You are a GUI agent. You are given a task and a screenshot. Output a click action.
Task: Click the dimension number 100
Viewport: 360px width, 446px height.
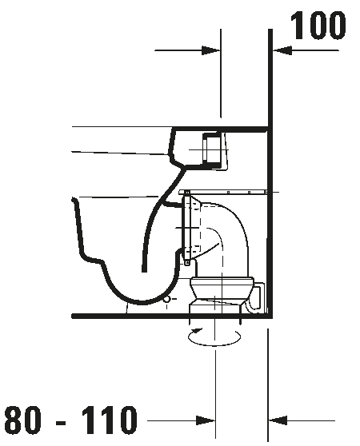318,26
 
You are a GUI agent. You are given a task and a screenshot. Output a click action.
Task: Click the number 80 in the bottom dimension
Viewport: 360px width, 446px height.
22,420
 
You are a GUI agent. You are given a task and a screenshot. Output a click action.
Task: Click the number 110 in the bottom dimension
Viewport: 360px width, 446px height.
109,420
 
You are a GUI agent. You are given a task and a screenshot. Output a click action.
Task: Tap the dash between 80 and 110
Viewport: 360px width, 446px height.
61,423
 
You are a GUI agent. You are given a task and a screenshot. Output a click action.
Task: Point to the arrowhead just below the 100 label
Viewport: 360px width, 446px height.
282,50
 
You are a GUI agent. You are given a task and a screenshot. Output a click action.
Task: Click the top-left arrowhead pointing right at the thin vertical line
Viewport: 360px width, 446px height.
211,50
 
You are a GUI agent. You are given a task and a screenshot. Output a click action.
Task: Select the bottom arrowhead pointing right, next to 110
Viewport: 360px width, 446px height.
206,420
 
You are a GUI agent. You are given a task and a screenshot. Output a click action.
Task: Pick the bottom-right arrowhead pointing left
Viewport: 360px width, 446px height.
278,420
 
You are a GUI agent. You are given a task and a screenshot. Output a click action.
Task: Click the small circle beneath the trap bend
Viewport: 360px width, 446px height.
167,299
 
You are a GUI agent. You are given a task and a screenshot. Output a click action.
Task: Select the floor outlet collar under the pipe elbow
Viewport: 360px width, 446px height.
222,294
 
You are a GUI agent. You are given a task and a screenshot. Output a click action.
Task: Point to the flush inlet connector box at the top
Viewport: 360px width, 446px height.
212,149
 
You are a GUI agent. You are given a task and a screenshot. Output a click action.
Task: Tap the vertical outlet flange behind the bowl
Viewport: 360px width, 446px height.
187,228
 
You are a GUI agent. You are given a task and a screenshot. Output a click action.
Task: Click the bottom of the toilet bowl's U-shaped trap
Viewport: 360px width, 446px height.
139,302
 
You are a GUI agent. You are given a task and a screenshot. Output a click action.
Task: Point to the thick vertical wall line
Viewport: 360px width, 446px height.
270,173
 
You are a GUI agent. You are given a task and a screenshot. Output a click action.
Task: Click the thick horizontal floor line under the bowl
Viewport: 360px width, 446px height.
170,316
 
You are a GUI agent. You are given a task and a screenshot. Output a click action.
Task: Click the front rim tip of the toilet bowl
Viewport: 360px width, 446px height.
74,200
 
